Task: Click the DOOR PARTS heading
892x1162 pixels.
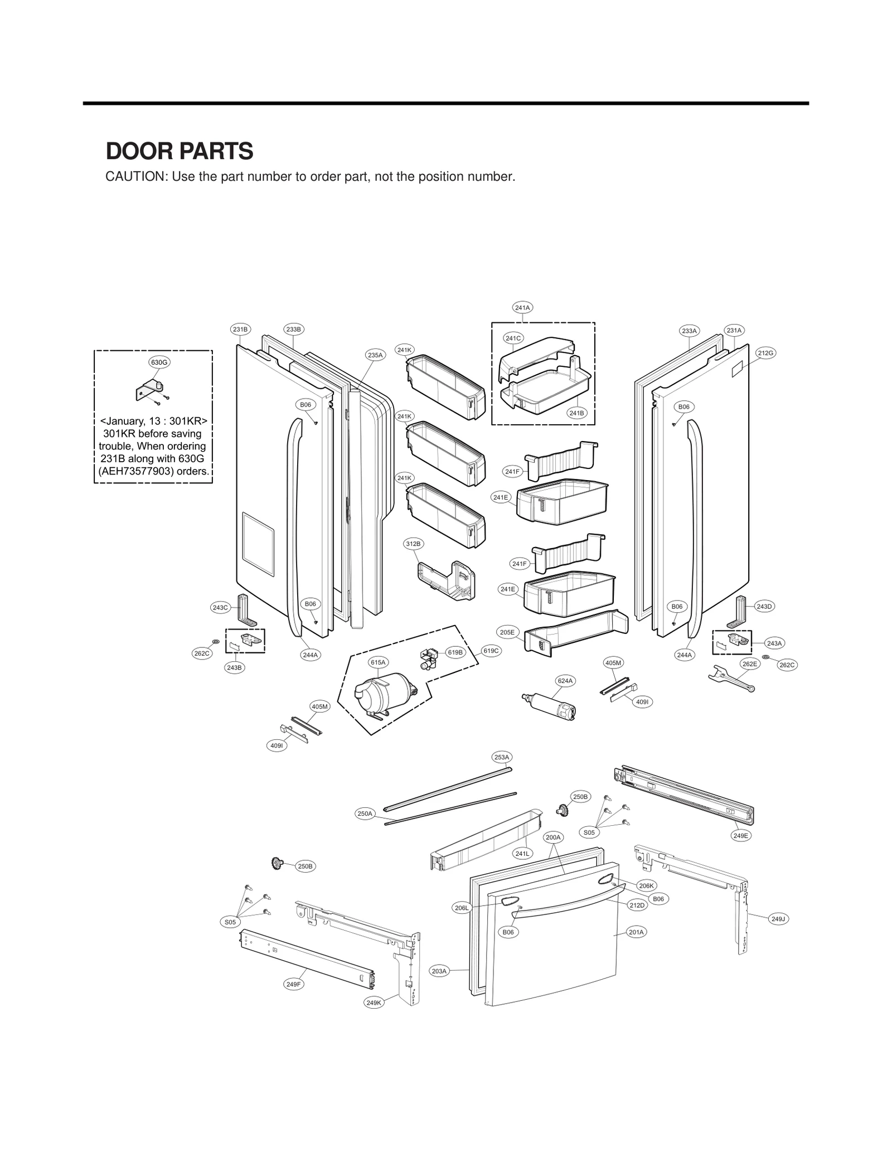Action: coord(180,151)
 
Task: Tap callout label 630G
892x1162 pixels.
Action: coord(159,362)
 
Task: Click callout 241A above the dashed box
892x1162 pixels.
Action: coord(522,307)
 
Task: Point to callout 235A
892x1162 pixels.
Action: coord(375,355)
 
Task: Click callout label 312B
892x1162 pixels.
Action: coord(413,543)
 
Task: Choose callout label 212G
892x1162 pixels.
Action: coord(765,352)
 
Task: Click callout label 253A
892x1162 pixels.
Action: coord(502,757)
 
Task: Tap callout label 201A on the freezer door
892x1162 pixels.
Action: coord(636,931)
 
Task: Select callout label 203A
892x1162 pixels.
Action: coord(439,971)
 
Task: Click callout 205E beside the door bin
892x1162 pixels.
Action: coord(507,632)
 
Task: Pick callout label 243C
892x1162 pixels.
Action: coord(220,607)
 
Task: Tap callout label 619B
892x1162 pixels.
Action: coord(455,652)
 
